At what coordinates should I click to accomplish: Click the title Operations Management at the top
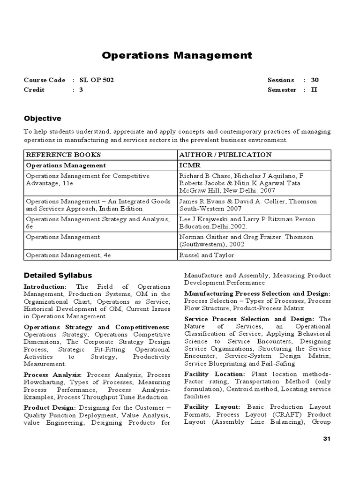point(177,56)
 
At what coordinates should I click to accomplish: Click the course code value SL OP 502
point(97,80)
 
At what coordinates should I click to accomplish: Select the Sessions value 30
point(315,80)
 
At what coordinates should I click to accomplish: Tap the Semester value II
point(314,90)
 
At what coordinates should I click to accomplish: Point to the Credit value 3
point(81,90)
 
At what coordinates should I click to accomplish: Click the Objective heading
point(43,119)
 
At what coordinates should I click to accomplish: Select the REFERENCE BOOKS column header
point(63,155)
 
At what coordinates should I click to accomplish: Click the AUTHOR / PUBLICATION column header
point(225,155)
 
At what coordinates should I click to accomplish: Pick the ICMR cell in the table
point(189,165)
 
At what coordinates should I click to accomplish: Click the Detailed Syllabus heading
point(58,275)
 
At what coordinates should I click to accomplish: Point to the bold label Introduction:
point(45,286)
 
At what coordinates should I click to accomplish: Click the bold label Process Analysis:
point(53,375)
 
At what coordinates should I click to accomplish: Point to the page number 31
point(327,439)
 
